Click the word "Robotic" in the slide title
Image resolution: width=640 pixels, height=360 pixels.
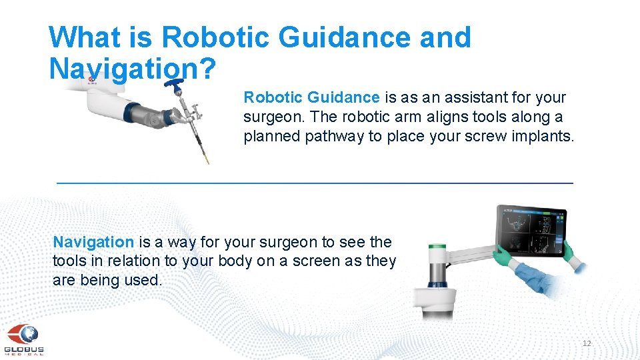(x=215, y=37)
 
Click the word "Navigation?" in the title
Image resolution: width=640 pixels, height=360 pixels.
(x=131, y=67)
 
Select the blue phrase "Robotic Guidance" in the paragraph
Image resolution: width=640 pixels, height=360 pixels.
(x=311, y=98)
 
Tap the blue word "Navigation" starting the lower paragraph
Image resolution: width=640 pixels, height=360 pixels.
(x=93, y=243)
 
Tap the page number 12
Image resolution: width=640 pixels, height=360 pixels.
(x=587, y=343)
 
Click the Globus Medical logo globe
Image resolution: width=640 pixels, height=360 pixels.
(x=25, y=333)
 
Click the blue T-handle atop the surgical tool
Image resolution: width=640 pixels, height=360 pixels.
(x=176, y=85)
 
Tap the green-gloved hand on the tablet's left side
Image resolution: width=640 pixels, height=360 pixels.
(x=501, y=255)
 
